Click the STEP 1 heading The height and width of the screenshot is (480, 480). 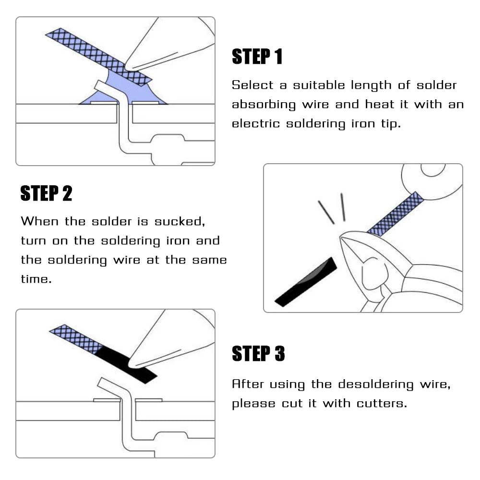click(257, 57)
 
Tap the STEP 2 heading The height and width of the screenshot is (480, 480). click(46, 193)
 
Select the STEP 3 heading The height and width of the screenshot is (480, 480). click(258, 354)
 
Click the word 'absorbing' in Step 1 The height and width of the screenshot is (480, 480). click(263, 105)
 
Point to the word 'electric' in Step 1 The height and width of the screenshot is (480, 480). click(255, 124)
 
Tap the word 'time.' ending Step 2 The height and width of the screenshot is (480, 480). click(36, 279)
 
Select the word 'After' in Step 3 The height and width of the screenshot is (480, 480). click(247, 384)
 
